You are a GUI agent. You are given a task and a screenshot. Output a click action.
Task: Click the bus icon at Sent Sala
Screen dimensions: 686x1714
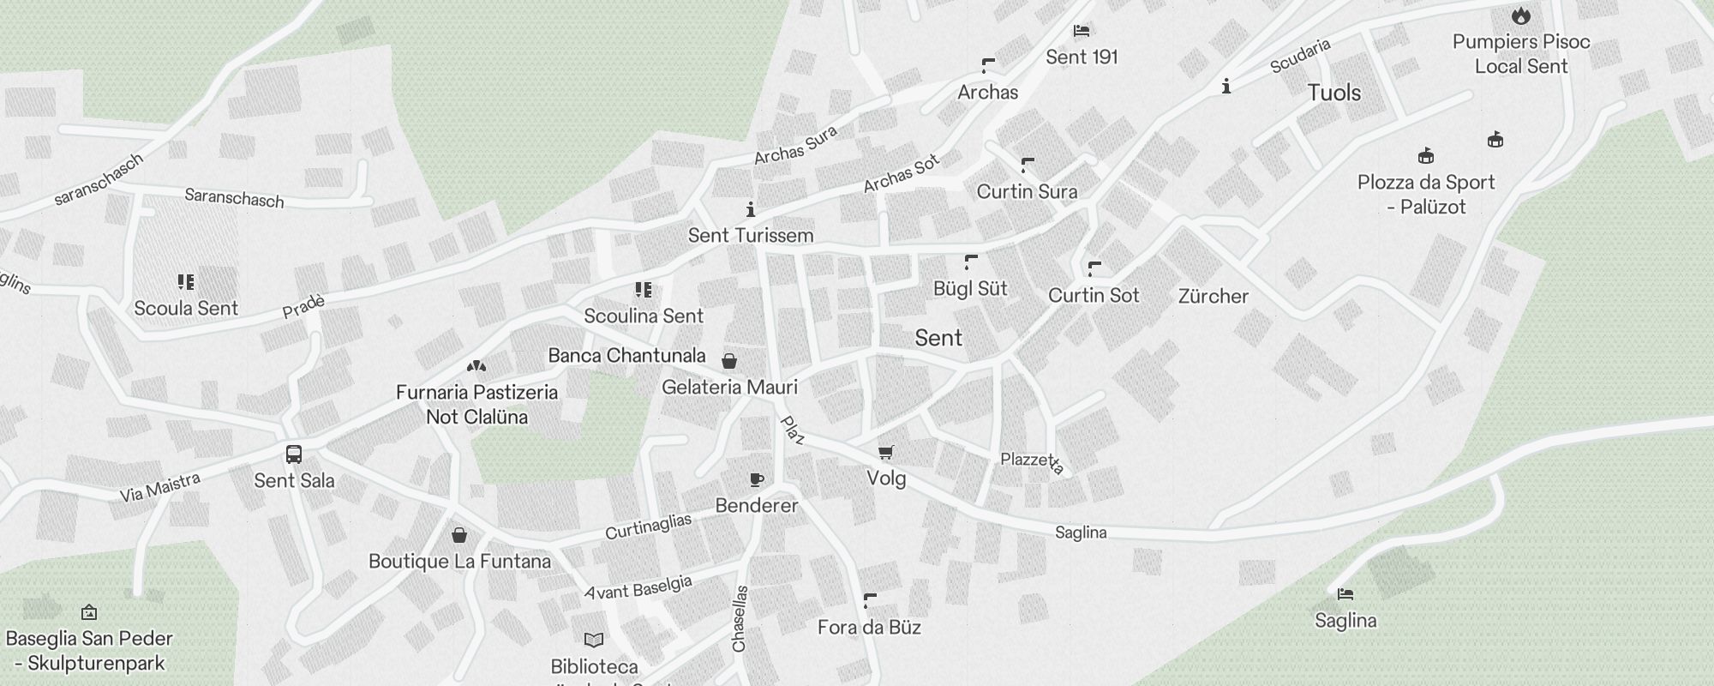coord(294,454)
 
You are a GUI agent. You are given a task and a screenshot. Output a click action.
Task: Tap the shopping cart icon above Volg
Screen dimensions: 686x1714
coord(886,452)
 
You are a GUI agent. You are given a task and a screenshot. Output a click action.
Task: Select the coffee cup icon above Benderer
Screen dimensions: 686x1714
coord(756,479)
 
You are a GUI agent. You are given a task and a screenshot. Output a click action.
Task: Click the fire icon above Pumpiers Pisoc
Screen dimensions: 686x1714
coord(1521,15)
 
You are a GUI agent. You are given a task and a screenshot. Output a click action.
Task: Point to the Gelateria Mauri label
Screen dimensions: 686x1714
coord(729,388)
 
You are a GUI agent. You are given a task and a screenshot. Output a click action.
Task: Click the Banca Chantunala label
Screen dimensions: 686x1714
coord(626,356)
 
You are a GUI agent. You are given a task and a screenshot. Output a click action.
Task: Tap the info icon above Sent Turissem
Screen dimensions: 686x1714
coord(751,209)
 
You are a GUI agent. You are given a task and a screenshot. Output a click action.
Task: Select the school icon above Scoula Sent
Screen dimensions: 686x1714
coord(186,281)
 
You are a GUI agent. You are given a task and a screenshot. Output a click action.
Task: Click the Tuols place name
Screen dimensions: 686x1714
coord(1333,93)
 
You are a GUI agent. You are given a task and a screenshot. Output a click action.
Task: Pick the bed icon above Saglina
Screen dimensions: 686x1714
coord(1345,593)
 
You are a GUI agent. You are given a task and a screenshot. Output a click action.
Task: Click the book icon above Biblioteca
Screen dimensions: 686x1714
coord(594,640)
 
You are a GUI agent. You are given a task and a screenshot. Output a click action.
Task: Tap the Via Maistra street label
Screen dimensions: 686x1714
coord(159,488)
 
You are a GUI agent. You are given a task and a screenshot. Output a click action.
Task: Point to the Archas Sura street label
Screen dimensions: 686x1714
coord(795,145)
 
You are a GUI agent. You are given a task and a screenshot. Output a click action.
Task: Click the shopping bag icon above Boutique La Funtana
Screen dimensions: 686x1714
coord(459,535)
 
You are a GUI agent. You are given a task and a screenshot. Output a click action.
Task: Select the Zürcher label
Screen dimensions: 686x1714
coord(1213,297)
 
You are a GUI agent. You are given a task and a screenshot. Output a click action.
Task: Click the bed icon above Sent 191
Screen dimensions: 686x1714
coord(1082,31)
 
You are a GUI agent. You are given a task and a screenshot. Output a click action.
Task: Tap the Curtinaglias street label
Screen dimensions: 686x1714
coord(648,527)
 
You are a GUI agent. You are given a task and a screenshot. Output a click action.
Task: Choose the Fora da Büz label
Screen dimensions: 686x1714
coord(869,628)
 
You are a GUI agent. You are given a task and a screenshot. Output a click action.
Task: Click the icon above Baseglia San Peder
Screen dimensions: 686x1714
coord(89,612)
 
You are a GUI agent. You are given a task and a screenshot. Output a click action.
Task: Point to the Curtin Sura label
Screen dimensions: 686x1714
coord(1027,192)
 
